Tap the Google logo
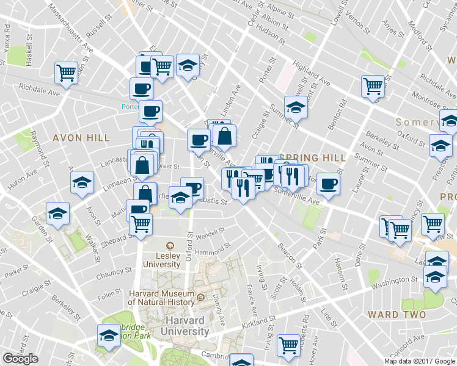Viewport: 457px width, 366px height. coord(20,359)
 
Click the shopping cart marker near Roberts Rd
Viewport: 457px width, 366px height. coord(288,345)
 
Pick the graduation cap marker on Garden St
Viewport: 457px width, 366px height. coord(57,214)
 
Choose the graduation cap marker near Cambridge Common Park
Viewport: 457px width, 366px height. coord(109,335)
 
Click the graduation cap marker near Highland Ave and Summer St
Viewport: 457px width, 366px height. coord(296,107)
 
